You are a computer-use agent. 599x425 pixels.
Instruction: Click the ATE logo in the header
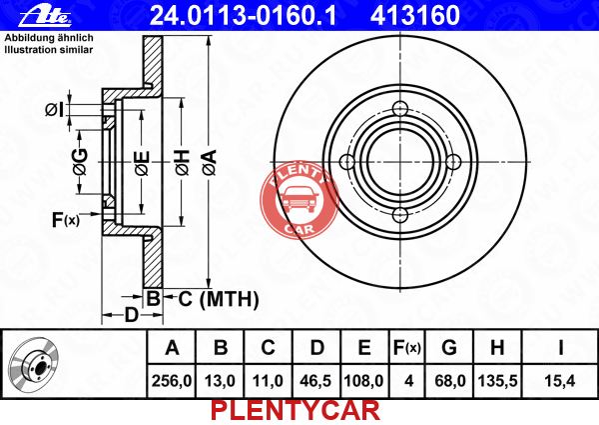[x=45, y=16]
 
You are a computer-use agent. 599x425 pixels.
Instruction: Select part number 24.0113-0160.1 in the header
[x=243, y=16]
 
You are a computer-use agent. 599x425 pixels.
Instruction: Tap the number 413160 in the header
[x=415, y=16]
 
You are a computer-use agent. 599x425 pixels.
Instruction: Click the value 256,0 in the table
[x=172, y=381]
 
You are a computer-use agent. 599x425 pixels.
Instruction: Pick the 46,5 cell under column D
[x=315, y=381]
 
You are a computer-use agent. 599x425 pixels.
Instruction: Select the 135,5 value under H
[x=497, y=381]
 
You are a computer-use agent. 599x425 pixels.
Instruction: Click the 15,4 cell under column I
[x=559, y=381]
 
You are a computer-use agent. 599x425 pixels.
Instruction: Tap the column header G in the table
[x=449, y=348]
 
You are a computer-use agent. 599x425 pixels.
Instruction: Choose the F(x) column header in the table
[x=407, y=348]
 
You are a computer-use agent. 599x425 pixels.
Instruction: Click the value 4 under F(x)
[x=408, y=381]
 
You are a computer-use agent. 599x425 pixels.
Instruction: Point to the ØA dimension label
[x=210, y=163]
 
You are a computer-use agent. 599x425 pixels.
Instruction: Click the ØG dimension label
[x=81, y=161]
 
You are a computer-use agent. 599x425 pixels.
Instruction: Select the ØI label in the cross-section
[x=54, y=110]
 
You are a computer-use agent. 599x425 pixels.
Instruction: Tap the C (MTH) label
[x=218, y=299]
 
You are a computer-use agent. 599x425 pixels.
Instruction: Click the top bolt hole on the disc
[x=400, y=108]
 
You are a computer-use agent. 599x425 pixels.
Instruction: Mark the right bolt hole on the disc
[x=453, y=162]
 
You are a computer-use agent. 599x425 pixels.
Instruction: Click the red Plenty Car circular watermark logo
[x=299, y=199]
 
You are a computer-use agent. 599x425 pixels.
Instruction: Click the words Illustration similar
[x=49, y=50]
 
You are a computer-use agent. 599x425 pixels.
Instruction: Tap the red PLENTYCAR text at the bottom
[x=296, y=410]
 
